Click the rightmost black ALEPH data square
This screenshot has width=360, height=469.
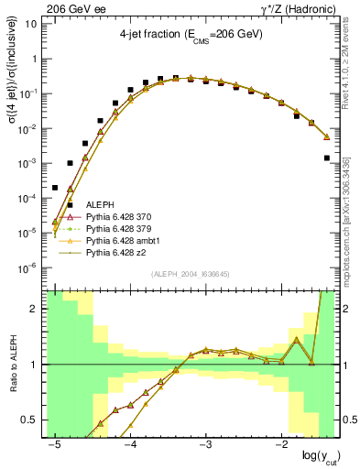click(x=327, y=158)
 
